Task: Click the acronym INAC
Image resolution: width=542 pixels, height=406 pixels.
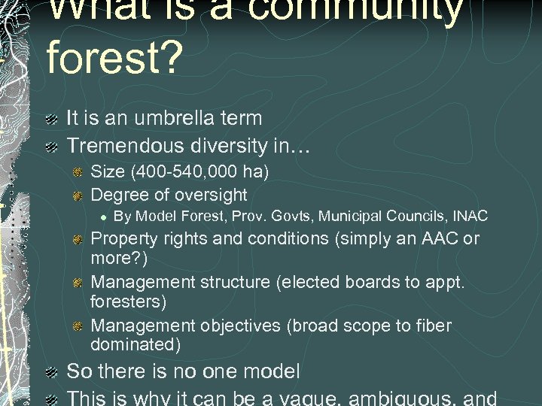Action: click(470, 217)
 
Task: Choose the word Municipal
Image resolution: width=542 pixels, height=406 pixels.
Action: click(352, 217)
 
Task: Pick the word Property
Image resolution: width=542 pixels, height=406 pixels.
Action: click(124, 239)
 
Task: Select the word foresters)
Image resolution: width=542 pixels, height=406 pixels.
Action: click(128, 301)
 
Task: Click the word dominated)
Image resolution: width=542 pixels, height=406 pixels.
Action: click(135, 344)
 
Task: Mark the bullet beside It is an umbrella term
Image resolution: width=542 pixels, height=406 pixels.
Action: click(50, 119)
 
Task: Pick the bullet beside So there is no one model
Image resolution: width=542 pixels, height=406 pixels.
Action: click(50, 372)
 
